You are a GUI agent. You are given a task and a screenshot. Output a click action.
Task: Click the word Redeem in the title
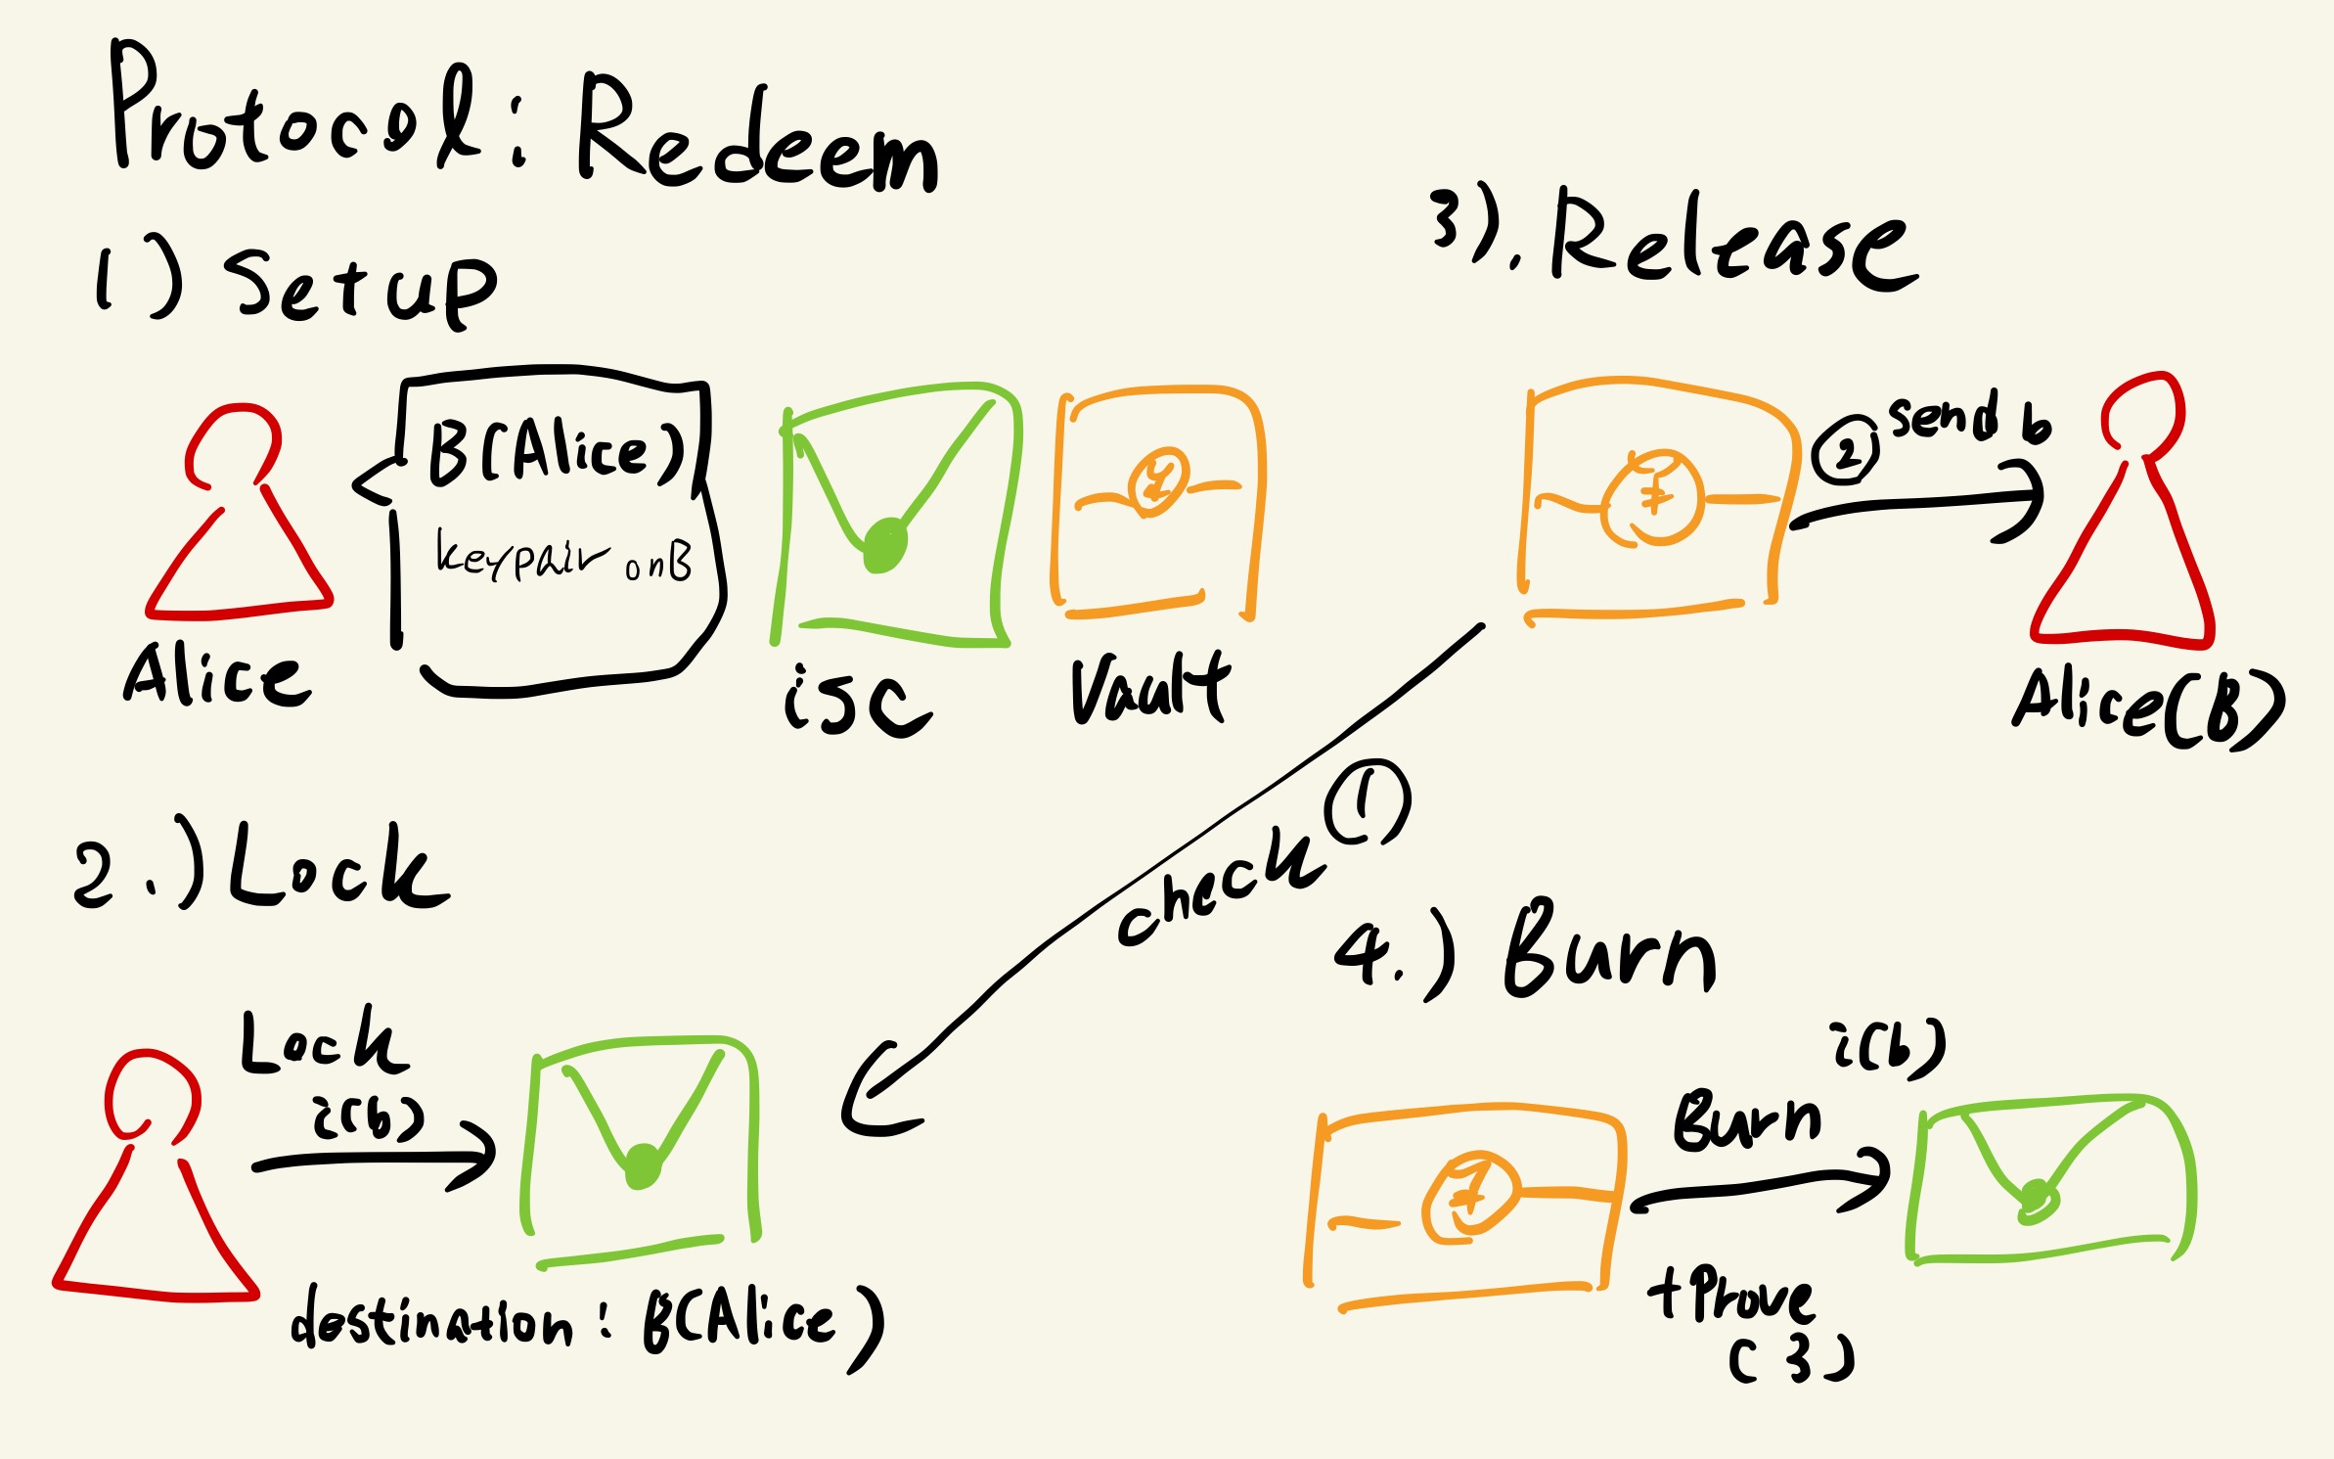[x=758, y=137]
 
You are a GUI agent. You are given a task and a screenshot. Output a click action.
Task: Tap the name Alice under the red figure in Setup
[x=217, y=675]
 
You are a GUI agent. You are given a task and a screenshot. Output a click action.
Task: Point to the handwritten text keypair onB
[x=563, y=558]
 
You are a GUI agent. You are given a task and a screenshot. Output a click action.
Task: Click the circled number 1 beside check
[x=1368, y=802]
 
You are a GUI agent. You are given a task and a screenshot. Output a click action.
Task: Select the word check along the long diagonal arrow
[x=1218, y=886]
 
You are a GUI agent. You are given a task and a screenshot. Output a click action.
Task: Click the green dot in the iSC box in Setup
[x=885, y=545]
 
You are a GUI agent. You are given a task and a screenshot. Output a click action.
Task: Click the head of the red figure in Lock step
[x=153, y=1094]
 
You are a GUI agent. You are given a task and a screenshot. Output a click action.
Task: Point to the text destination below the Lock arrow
[x=430, y=1321]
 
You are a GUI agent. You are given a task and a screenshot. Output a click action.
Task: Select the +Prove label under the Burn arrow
[x=1731, y=1297]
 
